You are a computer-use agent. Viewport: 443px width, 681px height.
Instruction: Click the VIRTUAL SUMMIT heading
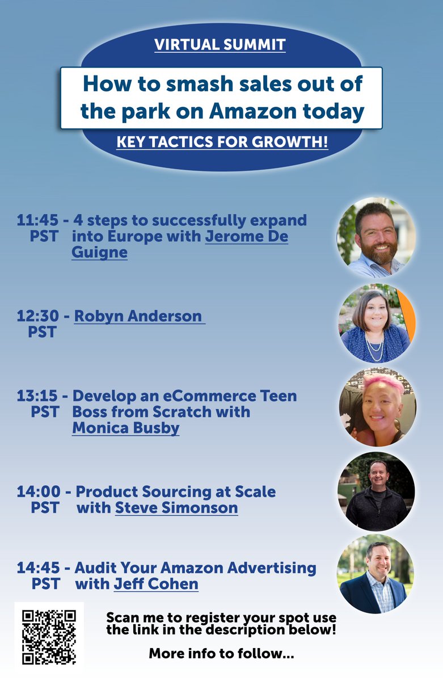tap(220, 45)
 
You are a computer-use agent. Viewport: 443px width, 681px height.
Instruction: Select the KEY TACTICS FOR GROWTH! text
tap(222, 141)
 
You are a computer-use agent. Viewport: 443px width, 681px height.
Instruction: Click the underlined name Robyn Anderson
tap(138, 316)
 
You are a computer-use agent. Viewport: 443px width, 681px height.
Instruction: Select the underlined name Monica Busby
tap(125, 428)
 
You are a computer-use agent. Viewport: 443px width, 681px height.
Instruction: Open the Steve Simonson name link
tap(176, 507)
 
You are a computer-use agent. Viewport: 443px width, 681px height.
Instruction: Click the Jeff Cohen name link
tap(156, 583)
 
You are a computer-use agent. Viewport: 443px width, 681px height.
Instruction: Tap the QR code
tap(49, 636)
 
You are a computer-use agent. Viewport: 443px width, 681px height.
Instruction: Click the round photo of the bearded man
tap(376, 237)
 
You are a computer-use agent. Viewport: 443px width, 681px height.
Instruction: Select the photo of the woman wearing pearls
tap(377, 323)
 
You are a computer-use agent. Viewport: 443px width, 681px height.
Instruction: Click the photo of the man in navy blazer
tap(376, 574)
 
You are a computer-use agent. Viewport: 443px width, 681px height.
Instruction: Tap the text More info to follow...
tap(221, 654)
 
